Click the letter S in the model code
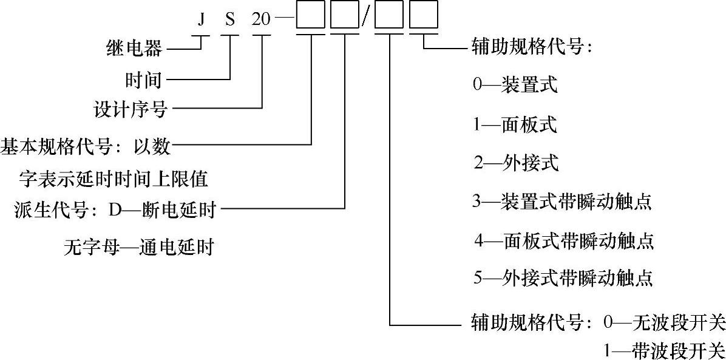[x=230, y=19]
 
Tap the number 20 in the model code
[x=262, y=19]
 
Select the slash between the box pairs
[x=365, y=19]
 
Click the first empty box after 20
[x=311, y=18]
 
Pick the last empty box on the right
[x=422, y=18]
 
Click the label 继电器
[x=134, y=49]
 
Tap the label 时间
[x=143, y=78]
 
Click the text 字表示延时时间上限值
[x=114, y=178]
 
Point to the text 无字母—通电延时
[x=138, y=248]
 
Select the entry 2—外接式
[x=517, y=163]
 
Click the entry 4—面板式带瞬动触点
[x=564, y=240]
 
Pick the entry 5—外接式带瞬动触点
[x=563, y=278]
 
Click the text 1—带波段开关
[x=665, y=350]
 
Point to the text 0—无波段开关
[x=665, y=321]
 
